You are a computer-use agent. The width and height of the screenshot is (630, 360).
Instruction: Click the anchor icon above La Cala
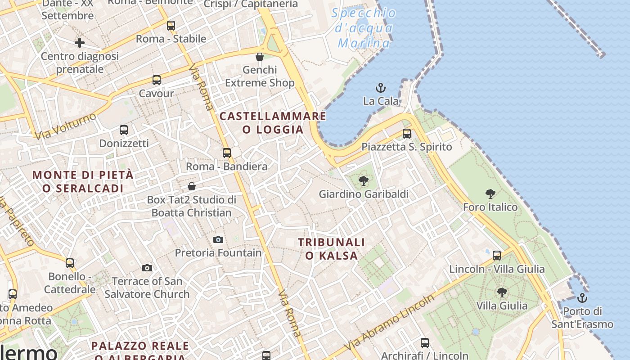[381, 87]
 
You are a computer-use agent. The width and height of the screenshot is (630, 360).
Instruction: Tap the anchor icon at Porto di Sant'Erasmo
[582, 298]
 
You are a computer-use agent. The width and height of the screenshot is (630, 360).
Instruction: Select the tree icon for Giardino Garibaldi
[364, 181]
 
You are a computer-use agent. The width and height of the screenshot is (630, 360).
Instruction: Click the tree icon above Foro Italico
[490, 194]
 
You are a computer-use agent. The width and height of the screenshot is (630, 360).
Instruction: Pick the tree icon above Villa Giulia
[502, 292]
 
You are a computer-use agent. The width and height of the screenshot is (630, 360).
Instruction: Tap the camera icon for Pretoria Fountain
[218, 239]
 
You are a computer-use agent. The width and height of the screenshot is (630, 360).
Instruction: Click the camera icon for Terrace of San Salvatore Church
[147, 268]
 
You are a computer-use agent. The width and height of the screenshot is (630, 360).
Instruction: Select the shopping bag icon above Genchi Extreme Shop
[260, 57]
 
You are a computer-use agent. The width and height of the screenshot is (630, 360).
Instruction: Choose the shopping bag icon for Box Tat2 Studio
[192, 186]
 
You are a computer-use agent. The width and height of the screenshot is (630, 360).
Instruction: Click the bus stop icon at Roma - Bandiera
[227, 153]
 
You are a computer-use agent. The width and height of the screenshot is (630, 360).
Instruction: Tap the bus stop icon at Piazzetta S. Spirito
[407, 134]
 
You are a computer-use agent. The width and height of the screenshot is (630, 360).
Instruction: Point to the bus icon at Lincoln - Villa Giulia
[497, 256]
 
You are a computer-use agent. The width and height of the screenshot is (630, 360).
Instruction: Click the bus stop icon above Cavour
[157, 80]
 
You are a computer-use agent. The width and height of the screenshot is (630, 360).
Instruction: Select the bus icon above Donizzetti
[124, 130]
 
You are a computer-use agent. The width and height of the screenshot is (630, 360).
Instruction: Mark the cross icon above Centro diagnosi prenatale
[80, 43]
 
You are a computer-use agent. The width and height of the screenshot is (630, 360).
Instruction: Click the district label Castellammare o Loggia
[273, 123]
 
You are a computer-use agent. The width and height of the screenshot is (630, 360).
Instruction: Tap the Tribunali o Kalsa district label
[331, 249]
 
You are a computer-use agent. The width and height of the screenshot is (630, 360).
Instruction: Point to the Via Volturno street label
[66, 126]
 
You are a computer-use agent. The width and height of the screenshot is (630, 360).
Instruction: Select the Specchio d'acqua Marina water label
[364, 28]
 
